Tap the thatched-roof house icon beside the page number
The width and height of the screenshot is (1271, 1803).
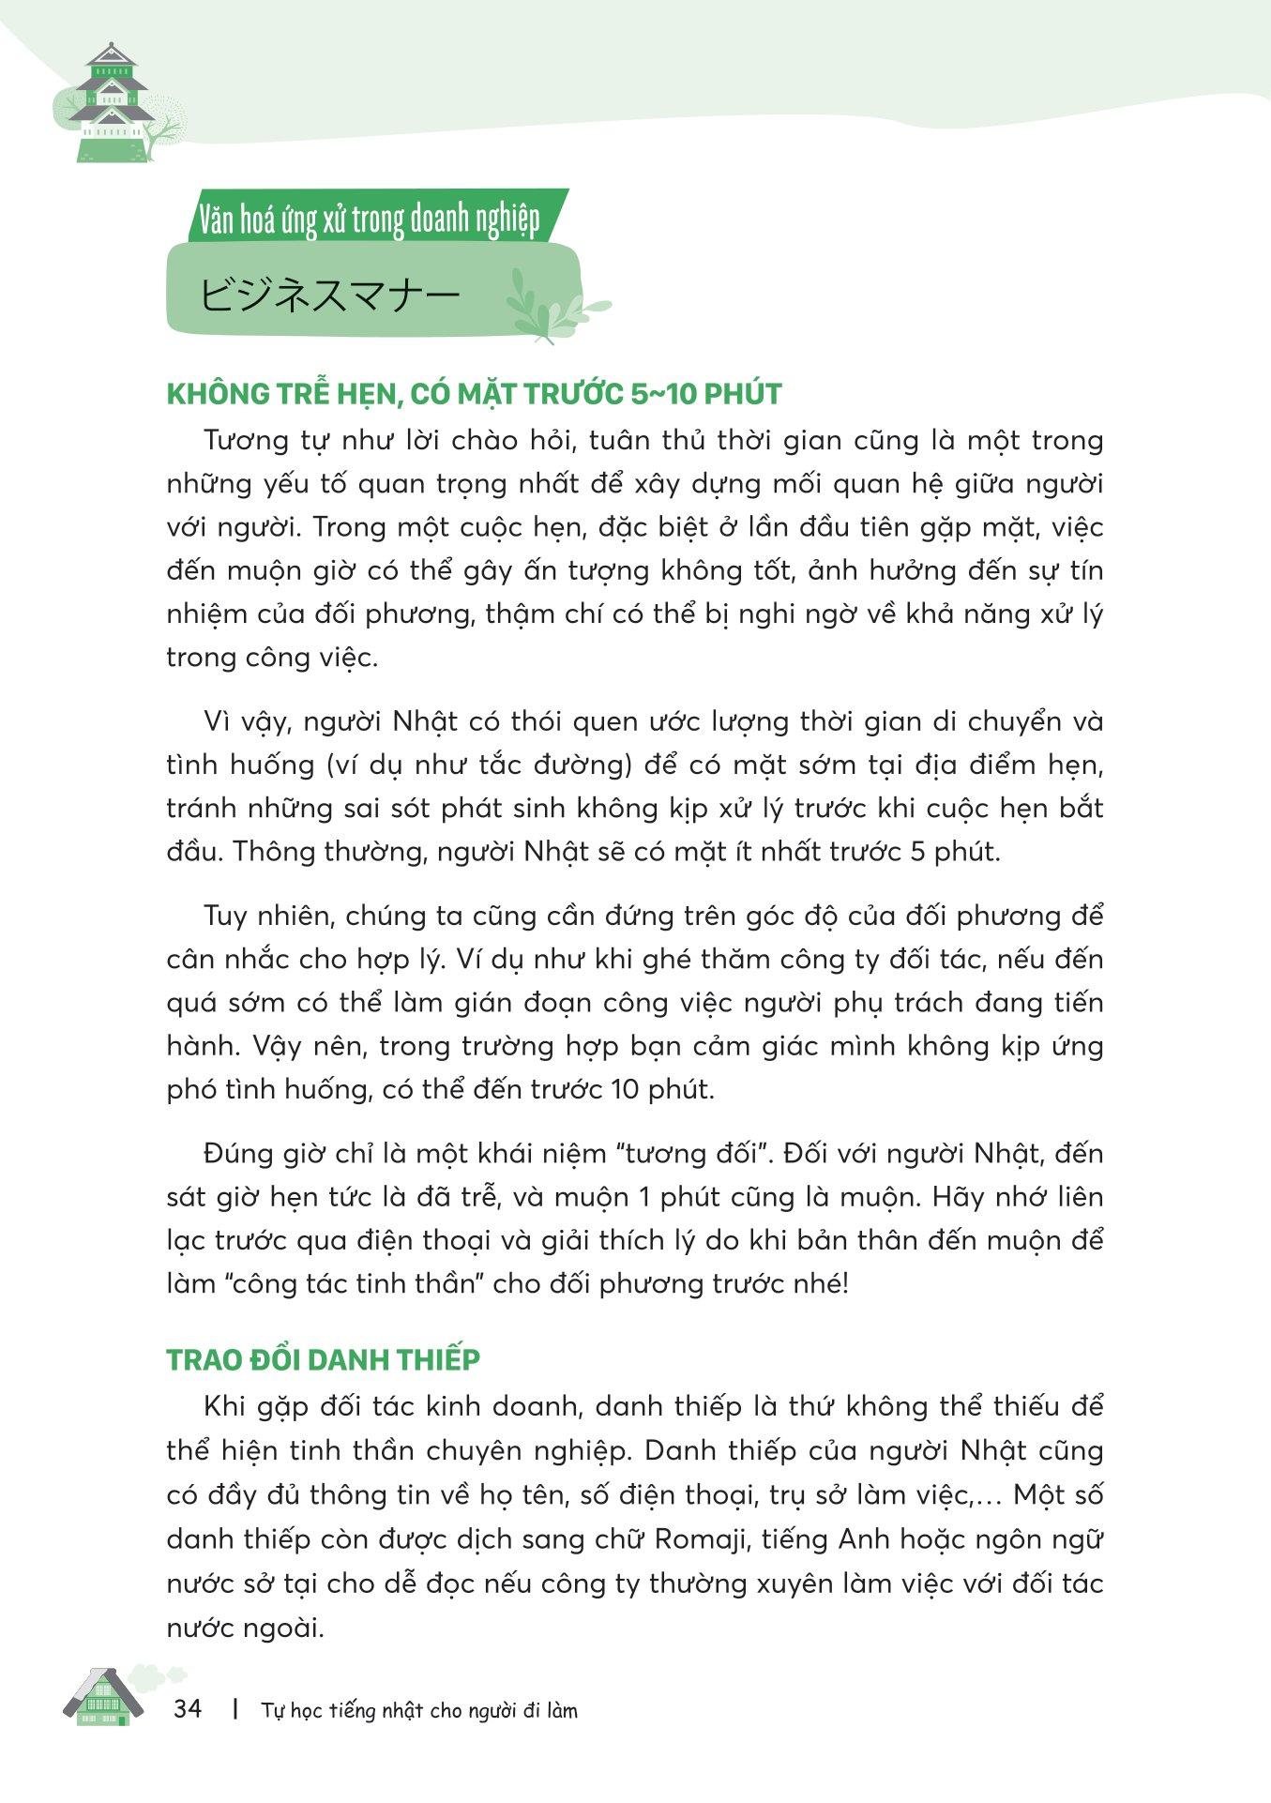point(103,1698)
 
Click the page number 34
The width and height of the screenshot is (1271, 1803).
point(188,1709)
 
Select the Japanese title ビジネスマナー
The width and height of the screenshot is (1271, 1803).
point(330,295)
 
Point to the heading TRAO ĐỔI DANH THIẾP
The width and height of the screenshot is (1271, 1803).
point(323,1360)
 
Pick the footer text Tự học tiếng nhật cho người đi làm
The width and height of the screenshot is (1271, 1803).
point(419,1710)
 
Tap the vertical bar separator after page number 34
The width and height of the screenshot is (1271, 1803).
point(234,1709)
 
